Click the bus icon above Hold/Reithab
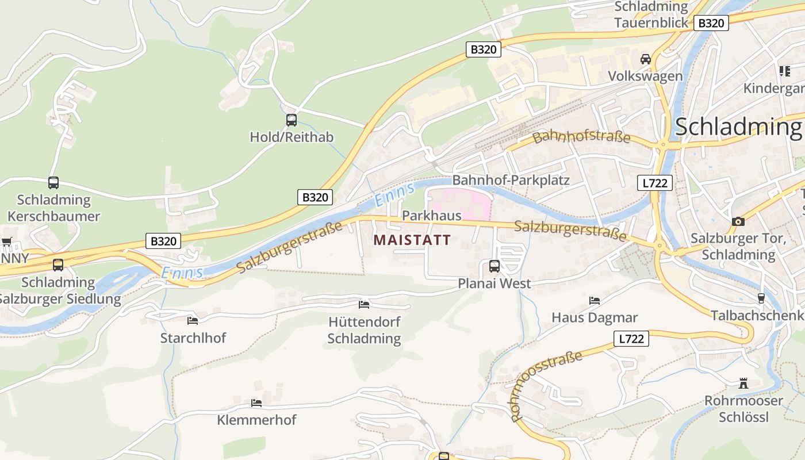292,120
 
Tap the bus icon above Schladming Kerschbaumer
53,183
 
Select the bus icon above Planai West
494,266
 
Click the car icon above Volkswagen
646,59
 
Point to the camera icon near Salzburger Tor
738,221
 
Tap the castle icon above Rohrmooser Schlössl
743,383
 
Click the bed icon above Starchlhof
193,320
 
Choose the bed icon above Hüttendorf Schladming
364,304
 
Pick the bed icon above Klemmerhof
256,402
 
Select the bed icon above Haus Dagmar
595,300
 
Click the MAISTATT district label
412,240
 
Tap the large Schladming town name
738,126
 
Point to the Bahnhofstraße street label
581,137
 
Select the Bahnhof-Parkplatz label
511,181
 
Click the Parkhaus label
432,216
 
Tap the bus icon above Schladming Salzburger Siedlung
58,265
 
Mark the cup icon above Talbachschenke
761,298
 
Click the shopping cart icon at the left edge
6,241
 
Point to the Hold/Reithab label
292,137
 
